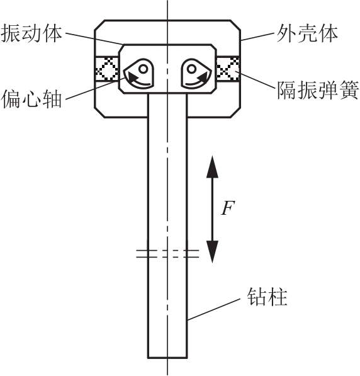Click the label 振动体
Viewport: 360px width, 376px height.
click(x=31, y=34)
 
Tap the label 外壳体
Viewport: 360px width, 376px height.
click(x=307, y=34)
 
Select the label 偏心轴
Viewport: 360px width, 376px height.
click(x=31, y=98)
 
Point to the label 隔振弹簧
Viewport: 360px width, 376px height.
click(x=318, y=90)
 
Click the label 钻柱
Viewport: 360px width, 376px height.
click(x=267, y=297)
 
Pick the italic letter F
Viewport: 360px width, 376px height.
click(x=227, y=208)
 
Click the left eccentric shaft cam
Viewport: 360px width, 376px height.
click(x=139, y=73)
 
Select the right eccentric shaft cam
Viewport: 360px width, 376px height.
click(x=196, y=73)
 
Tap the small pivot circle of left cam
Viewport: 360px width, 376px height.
click(x=143, y=69)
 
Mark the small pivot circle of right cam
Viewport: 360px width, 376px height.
click(x=191, y=69)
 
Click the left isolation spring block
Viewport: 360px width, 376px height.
click(x=107, y=69)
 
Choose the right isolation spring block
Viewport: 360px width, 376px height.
click(x=228, y=69)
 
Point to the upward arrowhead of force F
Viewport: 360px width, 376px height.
click(x=212, y=167)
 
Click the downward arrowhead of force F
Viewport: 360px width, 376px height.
click(x=212, y=251)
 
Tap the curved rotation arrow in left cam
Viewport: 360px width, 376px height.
click(x=138, y=81)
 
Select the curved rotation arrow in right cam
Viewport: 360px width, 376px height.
click(x=196, y=81)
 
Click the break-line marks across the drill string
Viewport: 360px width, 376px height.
click(x=167, y=254)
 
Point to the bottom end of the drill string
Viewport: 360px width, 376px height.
click(x=167, y=358)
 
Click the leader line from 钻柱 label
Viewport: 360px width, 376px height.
click(x=214, y=309)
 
